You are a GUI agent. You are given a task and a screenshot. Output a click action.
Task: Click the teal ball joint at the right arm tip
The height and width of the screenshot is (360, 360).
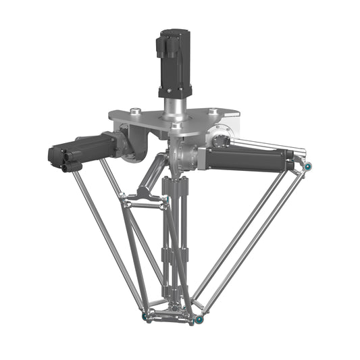pyautogui.click(x=308, y=166)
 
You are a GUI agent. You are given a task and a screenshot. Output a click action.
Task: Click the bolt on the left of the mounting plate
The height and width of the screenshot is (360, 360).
pyautogui.click(x=136, y=111)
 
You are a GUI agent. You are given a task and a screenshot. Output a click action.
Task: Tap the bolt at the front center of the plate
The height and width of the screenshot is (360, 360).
pyautogui.click(x=176, y=126)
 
